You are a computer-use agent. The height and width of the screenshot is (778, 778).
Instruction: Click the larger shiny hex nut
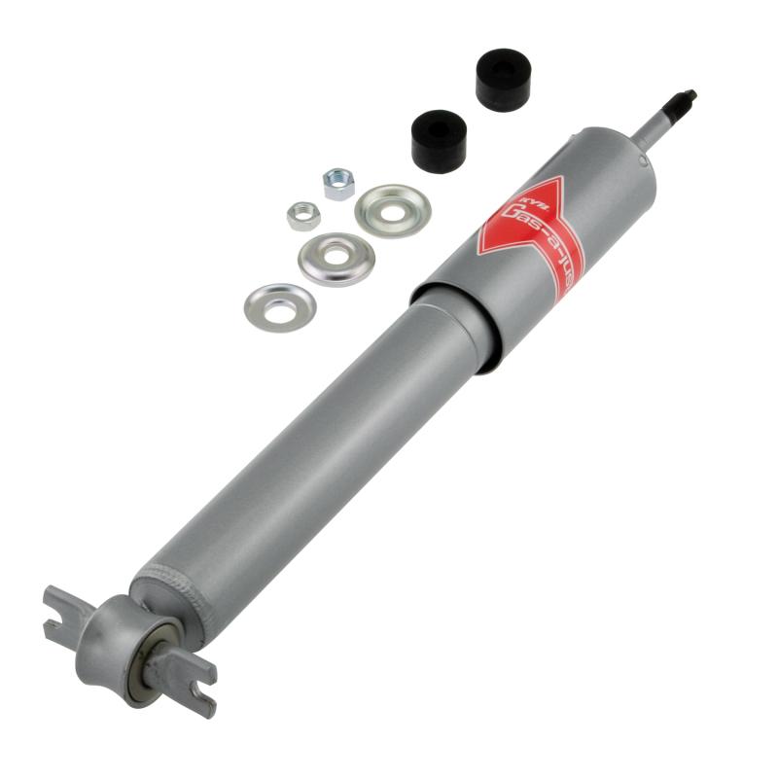(338, 183)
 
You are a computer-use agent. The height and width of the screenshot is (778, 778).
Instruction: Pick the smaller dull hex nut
(303, 215)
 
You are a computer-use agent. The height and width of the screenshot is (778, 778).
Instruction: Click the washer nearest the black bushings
(392, 210)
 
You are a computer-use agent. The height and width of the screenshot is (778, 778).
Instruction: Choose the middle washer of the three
(336, 259)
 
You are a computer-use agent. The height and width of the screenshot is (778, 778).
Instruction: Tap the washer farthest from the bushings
(280, 307)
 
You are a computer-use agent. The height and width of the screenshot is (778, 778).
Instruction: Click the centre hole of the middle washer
(336, 257)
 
